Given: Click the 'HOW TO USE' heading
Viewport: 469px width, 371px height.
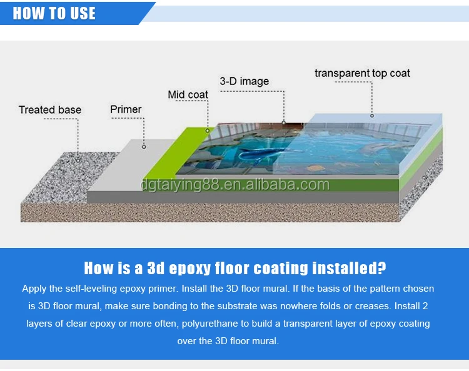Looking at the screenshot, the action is (54, 14).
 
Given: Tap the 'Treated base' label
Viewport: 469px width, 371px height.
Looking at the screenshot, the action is (50, 110).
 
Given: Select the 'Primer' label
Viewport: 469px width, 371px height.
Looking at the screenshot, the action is (126, 110).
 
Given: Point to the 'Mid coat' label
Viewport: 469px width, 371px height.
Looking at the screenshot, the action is (188, 95).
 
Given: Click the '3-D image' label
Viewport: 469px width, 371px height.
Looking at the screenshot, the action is (245, 81).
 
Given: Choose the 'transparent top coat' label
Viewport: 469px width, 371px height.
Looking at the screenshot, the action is (362, 74).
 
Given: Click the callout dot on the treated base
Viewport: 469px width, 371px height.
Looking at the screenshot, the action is (78, 161).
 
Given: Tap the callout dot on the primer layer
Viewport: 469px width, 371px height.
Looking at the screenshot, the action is (144, 147).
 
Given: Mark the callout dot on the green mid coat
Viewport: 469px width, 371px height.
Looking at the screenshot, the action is (207, 131).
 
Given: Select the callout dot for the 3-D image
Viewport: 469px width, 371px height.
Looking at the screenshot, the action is (283, 122).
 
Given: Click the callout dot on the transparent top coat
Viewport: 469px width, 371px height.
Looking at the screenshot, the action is (372, 116).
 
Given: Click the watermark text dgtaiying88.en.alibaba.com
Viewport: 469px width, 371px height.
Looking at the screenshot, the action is (235, 185).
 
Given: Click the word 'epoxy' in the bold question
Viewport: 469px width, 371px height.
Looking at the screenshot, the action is (190, 269).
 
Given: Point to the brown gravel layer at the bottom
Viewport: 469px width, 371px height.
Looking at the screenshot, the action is (210, 213).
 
